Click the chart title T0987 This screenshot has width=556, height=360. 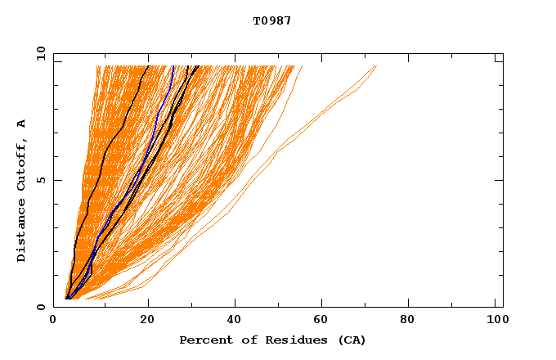(271, 21)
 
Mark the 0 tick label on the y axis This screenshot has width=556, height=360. (40, 308)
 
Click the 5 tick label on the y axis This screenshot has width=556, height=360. (40, 181)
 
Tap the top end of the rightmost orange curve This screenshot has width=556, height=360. (376, 66)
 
